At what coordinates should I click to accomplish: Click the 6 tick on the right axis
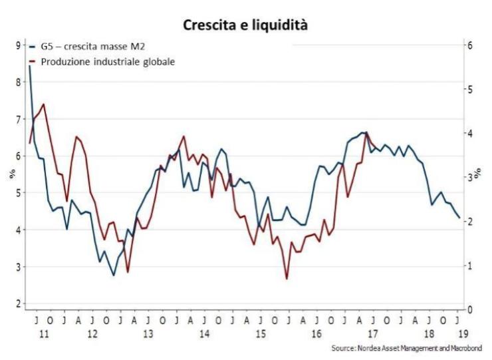(x=470, y=45)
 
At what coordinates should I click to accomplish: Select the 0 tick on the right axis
(x=470, y=309)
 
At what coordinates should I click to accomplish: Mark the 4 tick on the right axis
(x=470, y=133)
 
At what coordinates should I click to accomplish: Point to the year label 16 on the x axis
(x=316, y=332)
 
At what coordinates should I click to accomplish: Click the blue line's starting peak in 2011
(x=30, y=66)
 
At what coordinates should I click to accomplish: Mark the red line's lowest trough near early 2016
(x=287, y=278)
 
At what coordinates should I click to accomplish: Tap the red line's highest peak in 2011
(x=44, y=104)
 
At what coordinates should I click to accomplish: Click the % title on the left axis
(x=10, y=175)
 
